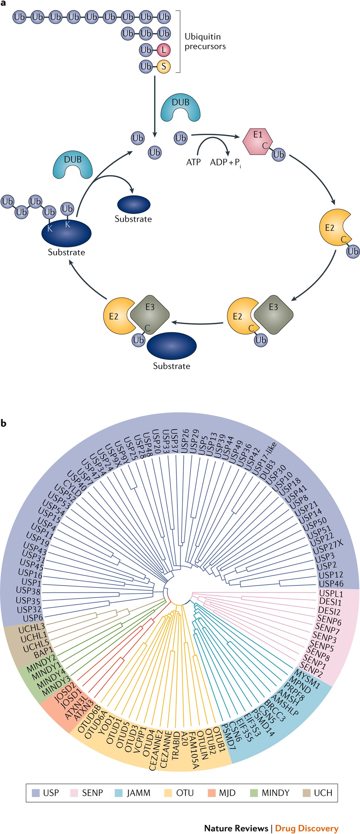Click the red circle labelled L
tap(164, 50)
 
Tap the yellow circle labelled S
tap(164, 66)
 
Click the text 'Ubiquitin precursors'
tap(205, 41)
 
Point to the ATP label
tap(193, 162)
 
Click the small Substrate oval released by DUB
tap(134, 205)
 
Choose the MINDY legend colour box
tap(254, 793)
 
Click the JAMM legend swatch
tap(119, 793)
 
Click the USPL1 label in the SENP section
tap(331, 593)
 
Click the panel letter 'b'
tap(3, 424)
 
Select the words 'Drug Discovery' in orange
tap(307, 828)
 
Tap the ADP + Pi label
tap(225, 163)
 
